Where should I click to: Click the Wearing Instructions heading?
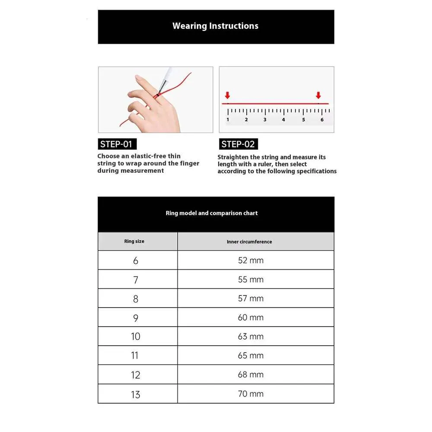click(x=215, y=26)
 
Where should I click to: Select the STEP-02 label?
click(x=238, y=144)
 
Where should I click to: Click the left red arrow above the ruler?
click(x=228, y=95)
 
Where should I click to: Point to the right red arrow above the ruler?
click(x=318, y=95)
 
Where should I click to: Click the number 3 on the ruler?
click(x=265, y=120)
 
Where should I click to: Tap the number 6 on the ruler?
click(x=322, y=120)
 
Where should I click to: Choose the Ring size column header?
click(x=134, y=241)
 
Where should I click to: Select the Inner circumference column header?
click(x=249, y=241)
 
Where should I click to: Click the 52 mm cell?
click(x=251, y=260)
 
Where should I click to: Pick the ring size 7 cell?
click(x=136, y=280)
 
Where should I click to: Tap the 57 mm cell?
click(x=251, y=299)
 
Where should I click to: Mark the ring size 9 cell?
click(x=136, y=318)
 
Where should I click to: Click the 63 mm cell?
click(x=251, y=337)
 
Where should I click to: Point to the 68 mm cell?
click(x=251, y=375)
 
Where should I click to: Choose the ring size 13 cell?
click(x=136, y=394)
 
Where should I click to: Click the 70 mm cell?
click(x=251, y=394)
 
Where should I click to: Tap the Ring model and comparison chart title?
click(x=212, y=213)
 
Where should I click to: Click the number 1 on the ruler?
click(x=228, y=120)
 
